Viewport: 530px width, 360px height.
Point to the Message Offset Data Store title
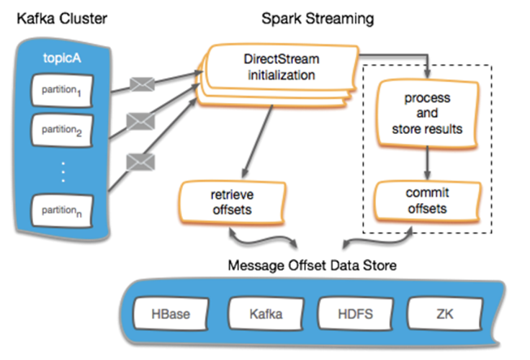coord(312,265)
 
